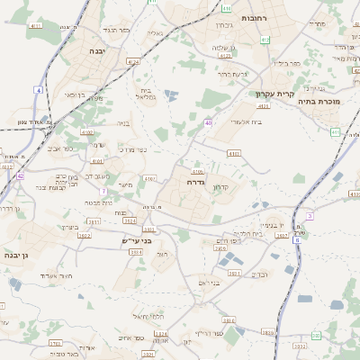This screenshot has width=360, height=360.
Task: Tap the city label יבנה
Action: click(x=97, y=51)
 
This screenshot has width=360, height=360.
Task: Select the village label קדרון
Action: click(x=220, y=187)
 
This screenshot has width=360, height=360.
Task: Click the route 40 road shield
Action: click(x=208, y=122)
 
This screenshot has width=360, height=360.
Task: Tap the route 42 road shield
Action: click(x=20, y=176)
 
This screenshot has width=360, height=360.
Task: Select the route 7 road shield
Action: click(x=103, y=192)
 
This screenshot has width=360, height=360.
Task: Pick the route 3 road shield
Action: click(x=310, y=216)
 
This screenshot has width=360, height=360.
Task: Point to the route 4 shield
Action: click(x=39, y=90)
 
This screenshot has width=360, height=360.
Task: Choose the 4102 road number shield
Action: click(x=87, y=132)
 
